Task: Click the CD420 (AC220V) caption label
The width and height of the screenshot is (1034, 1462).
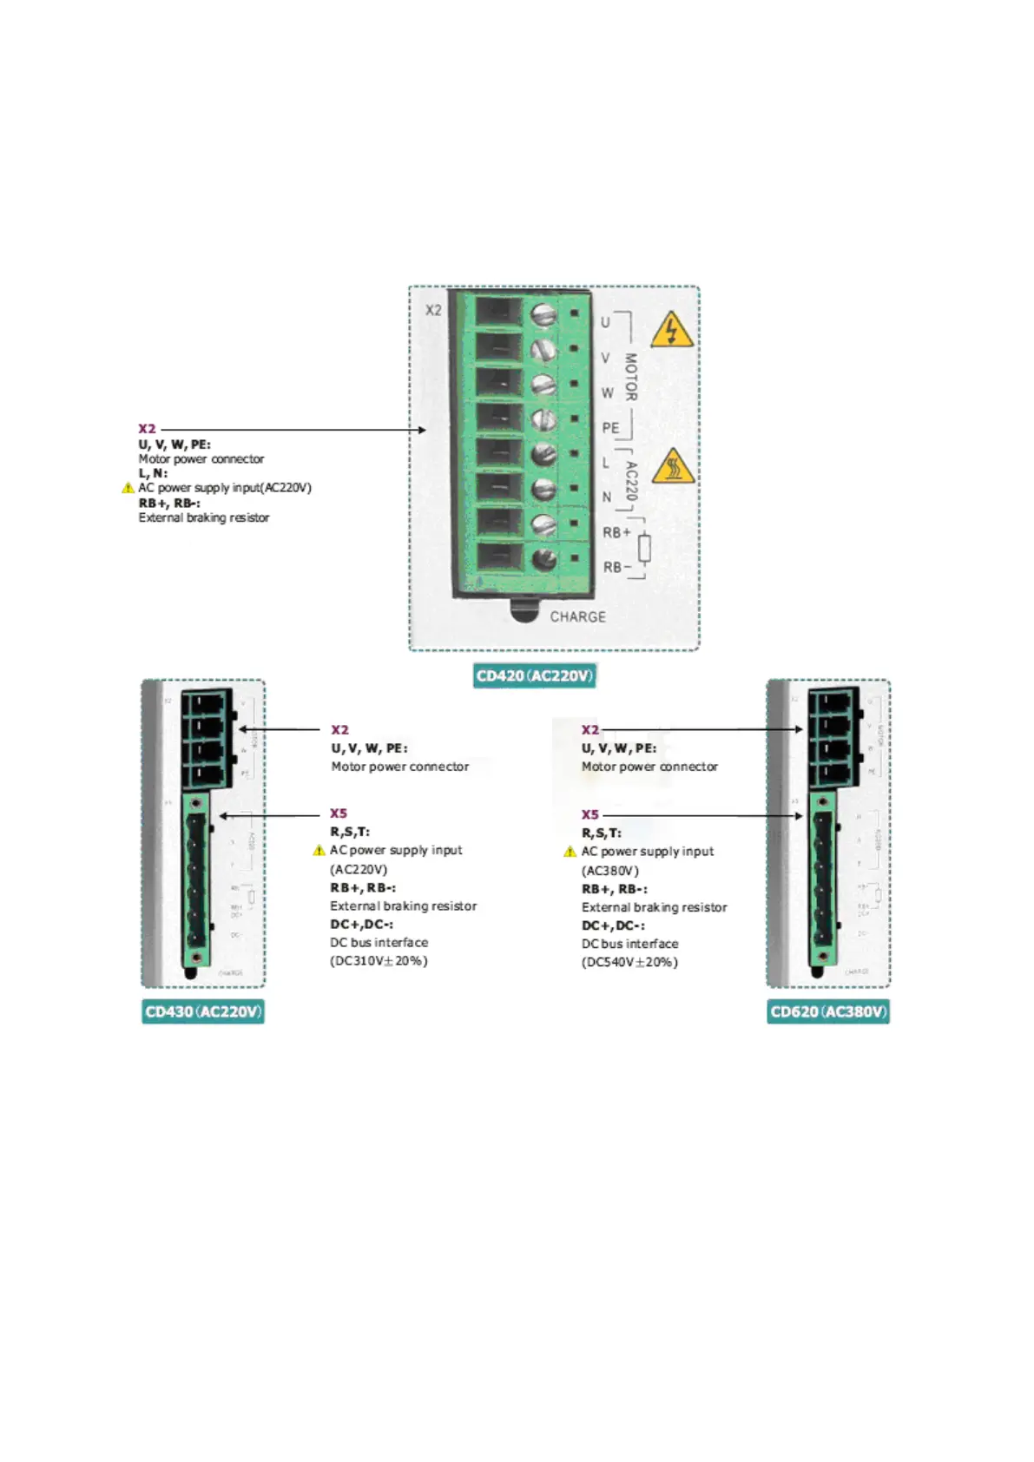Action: coord(534,676)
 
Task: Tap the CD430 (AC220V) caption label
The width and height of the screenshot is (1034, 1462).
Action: coord(203,1012)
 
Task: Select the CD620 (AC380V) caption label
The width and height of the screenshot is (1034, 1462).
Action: coord(828,1012)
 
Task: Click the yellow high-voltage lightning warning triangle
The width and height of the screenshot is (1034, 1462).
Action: coord(671,330)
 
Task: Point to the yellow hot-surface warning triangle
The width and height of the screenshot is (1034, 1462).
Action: coord(672,467)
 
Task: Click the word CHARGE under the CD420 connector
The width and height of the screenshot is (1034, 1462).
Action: coord(577,616)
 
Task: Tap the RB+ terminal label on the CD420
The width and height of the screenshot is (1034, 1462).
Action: coord(616,532)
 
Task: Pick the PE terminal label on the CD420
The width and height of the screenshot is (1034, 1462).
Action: coord(610,428)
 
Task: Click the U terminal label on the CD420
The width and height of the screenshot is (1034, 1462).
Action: coord(605,322)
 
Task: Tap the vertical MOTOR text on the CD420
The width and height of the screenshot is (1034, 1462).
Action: coord(631,377)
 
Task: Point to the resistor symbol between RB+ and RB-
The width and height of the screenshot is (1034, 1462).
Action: coord(644,549)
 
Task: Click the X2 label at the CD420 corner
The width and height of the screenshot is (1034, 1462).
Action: coord(433,310)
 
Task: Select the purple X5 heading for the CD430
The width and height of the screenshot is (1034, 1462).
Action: coord(338,813)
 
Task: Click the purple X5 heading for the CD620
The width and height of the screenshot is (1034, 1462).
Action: coord(589,814)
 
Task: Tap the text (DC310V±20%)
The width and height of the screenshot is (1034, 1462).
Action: coord(379,961)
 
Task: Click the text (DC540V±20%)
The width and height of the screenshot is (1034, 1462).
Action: coord(629,962)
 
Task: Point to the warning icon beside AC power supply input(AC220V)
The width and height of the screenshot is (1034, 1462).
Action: coord(128,488)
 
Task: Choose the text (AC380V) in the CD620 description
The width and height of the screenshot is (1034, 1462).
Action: coord(609,871)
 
